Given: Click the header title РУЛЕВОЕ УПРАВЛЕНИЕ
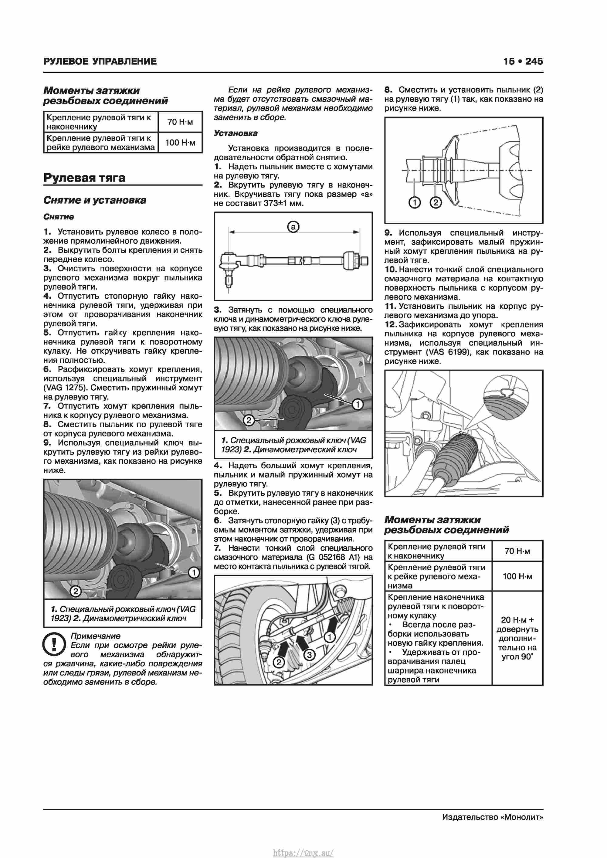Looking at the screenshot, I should tap(100, 61).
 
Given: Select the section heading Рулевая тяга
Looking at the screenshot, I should tap(84, 178).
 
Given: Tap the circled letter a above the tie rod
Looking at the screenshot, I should tap(293, 227).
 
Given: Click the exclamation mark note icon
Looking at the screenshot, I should tap(54, 645).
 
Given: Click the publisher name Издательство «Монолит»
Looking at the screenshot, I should tap(492, 817).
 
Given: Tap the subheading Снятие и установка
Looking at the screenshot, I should tap(95, 200).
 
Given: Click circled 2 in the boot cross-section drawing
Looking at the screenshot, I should tap(436, 203).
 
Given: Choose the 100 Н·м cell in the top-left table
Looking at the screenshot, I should tap(180, 142).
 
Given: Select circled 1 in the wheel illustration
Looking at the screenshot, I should tap(329, 637).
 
